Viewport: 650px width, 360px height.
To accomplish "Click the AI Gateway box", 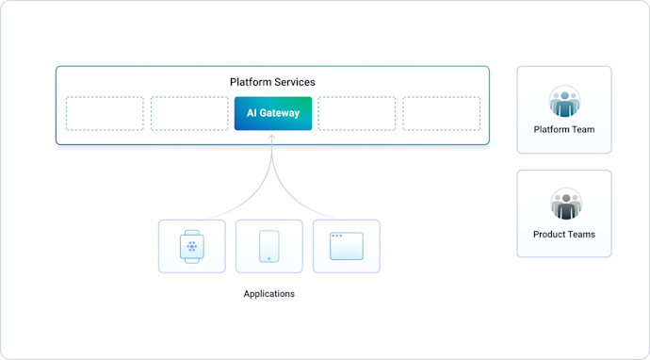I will [272, 113].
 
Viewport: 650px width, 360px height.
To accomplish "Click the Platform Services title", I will [272, 82].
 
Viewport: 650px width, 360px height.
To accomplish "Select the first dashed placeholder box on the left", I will [105, 113].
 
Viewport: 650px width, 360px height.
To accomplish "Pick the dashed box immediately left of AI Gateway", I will [189, 113].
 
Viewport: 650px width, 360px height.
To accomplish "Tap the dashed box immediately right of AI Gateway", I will [356, 113].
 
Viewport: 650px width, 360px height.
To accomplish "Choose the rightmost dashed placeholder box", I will [442, 113].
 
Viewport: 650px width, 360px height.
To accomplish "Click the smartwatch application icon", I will [192, 247].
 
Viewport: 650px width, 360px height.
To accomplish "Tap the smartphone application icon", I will [269, 247].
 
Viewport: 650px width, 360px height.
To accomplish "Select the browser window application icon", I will [347, 247].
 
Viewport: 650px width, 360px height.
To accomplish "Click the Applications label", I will [269, 294].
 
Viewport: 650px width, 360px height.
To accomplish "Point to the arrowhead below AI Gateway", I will [272, 138].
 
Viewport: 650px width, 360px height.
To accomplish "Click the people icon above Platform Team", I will [564, 101].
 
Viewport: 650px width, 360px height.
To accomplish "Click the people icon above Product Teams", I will [564, 205].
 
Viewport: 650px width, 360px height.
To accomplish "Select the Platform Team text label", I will [564, 130].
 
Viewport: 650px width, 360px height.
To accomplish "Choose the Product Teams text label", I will [564, 235].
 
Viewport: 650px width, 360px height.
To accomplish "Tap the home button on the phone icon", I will [269, 257].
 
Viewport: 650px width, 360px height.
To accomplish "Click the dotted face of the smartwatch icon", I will [192, 247].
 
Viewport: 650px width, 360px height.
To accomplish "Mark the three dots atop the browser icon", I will [336, 236].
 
